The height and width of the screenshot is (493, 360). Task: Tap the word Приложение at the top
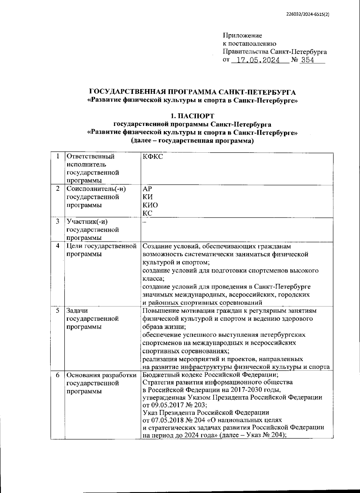pos(242,36)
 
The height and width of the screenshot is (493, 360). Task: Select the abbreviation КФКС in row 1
pos(153,156)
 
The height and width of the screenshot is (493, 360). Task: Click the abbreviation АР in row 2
pos(148,189)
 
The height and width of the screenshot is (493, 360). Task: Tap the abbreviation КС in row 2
pos(148,213)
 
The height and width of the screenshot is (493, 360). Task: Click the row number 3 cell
pos(58,222)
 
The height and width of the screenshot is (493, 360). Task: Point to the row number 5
pos(58,311)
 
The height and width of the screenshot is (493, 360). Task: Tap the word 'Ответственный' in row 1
pos(91,156)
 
